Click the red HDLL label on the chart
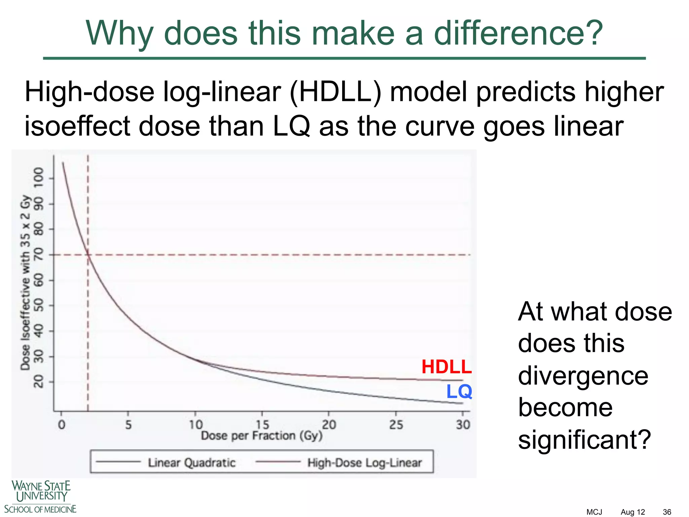(446, 367)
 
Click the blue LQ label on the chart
(459, 391)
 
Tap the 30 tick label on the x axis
(463, 424)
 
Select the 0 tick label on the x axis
(62, 424)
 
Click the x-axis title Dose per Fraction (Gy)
(262, 436)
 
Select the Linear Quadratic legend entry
(192, 462)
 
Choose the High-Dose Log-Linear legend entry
(364, 462)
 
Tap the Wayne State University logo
(40, 496)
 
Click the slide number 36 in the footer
(667, 512)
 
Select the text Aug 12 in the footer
(632, 512)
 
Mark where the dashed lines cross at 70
(88, 255)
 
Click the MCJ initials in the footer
(594, 512)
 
